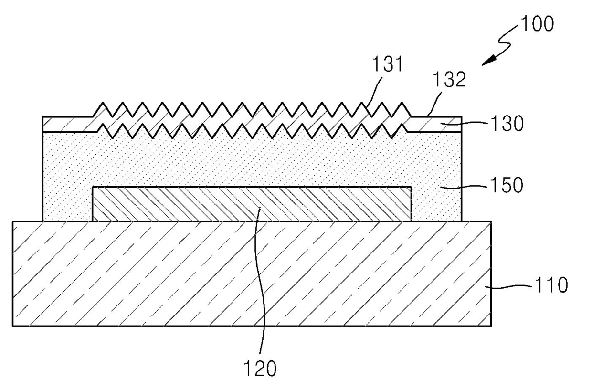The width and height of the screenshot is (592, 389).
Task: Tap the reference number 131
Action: coord(388,64)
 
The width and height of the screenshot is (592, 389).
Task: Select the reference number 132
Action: coord(450,79)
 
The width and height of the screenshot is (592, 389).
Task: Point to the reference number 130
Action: coord(507,124)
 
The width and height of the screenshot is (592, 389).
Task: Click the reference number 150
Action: coord(507,185)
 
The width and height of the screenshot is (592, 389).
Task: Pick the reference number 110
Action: coord(551,285)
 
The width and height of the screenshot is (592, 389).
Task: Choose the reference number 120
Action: coord(260,368)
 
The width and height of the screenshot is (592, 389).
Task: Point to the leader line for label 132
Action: coord(434,104)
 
